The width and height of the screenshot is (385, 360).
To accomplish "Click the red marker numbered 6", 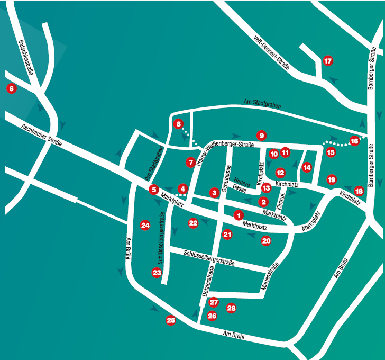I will [11, 89].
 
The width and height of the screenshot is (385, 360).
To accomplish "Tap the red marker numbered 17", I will [328, 61].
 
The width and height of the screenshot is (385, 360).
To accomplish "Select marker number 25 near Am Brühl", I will [171, 320].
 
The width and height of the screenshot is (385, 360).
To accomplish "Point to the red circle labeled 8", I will [178, 124].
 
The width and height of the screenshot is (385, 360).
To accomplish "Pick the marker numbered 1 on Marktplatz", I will [239, 215].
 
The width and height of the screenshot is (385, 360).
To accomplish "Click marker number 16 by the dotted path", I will [354, 141].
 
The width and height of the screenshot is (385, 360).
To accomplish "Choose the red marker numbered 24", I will [145, 225].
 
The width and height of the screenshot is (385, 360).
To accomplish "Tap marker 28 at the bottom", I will [231, 308].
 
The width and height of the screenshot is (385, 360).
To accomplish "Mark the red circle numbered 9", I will [261, 135].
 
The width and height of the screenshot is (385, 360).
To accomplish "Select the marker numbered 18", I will [359, 191].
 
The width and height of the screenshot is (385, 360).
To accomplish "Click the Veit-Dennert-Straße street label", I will [268, 53].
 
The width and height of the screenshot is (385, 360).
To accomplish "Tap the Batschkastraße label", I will [25, 58].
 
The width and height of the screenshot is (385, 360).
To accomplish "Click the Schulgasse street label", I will [226, 177].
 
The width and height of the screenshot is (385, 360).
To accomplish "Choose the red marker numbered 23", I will [157, 273].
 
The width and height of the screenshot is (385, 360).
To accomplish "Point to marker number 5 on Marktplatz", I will [153, 189].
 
